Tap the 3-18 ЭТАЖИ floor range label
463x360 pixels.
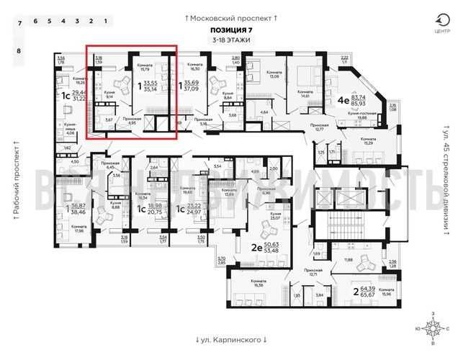coord(231,40)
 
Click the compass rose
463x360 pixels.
coord(433,328)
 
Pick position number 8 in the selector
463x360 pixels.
coord(19,51)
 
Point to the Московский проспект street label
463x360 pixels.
coord(230,16)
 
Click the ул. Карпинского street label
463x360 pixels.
coord(230,338)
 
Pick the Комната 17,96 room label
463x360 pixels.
coord(78,229)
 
